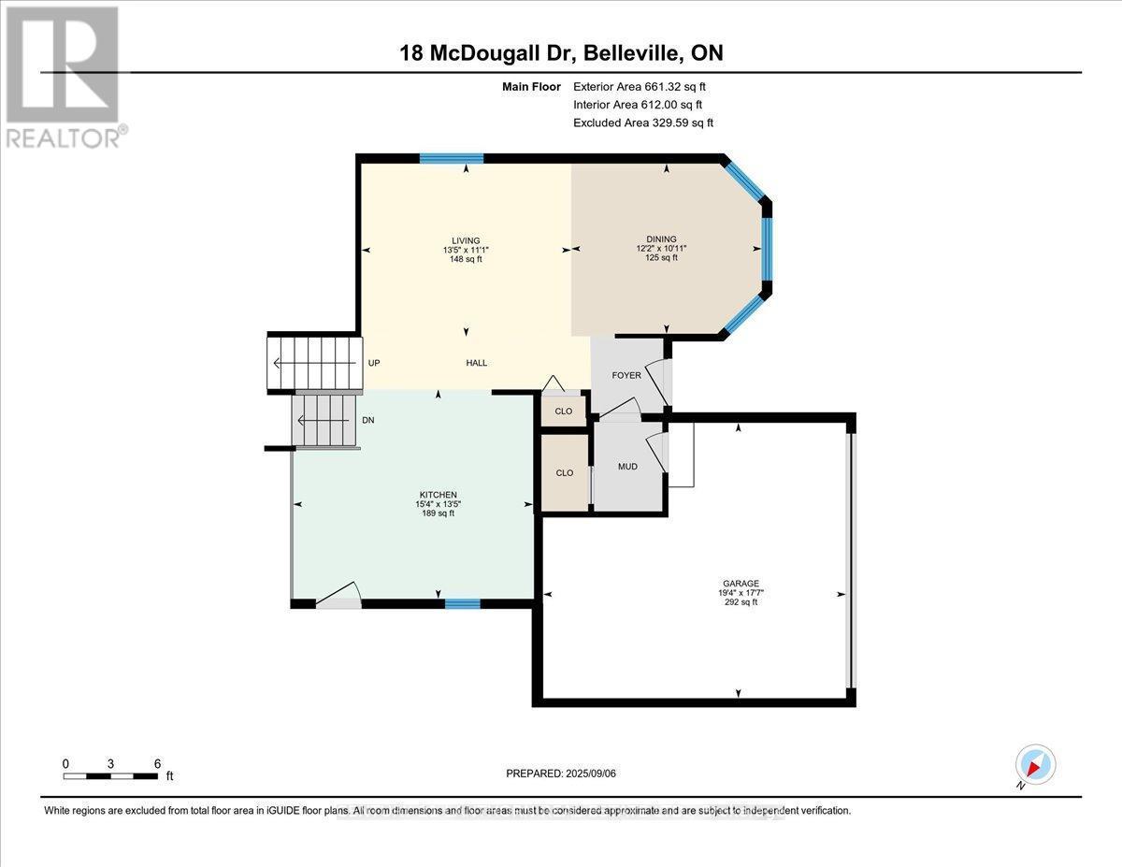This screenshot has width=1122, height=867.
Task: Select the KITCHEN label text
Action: [x=438, y=494]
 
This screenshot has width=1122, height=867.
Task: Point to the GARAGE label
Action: [x=738, y=584]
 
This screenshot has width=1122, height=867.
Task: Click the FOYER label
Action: [x=626, y=375]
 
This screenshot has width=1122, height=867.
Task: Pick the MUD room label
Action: [x=627, y=466]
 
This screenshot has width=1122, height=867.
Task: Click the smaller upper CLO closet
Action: [x=564, y=412]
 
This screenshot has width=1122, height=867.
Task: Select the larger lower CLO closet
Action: [x=565, y=473]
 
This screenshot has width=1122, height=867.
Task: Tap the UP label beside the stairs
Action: [x=374, y=363]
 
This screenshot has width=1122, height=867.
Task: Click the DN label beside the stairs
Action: [x=368, y=420]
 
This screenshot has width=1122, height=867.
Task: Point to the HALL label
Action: [x=477, y=363]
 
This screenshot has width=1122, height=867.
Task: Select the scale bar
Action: [x=110, y=775]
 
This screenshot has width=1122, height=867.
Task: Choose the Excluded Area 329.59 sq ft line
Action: [x=643, y=123]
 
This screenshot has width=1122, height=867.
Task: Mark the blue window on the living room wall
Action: [x=451, y=158]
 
